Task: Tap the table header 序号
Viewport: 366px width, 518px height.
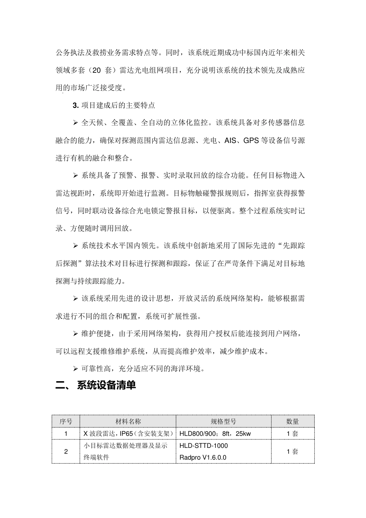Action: coord(65,422)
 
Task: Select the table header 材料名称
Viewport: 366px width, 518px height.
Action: coord(128,422)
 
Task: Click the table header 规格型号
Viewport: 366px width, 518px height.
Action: coord(223,422)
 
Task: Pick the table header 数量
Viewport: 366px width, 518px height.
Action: coord(292,422)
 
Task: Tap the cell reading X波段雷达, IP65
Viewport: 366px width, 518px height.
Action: coord(128,434)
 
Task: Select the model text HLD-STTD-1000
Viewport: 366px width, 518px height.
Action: coord(203,446)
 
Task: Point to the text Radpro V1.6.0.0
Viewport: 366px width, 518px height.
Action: coord(203,457)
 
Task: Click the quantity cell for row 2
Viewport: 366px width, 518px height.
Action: coord(292,451)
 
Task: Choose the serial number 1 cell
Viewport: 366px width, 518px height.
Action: coord(65,434)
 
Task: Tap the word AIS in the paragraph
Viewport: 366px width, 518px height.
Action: coord(230,140)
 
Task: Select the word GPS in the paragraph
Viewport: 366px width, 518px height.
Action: coord(251,140)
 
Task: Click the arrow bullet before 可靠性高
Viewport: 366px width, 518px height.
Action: coord(76,369)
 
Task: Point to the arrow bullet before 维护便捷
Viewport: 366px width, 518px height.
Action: coord(76,334)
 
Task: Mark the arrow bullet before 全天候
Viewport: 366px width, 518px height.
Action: coord(76,123)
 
